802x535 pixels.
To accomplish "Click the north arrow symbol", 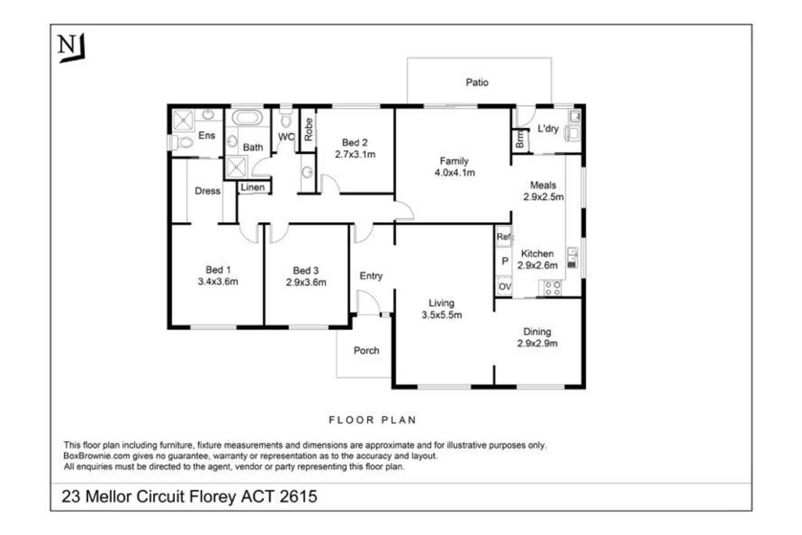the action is click(71, 48).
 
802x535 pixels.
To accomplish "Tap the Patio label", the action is click(477, 82).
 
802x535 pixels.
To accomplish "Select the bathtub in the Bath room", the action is click(247, 117).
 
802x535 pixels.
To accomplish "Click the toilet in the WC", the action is click(286, 119).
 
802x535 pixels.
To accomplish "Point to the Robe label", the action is click(308, 129).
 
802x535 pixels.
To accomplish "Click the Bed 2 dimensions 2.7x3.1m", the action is click(355, 154).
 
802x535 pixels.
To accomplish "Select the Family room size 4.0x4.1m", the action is click(455, 172).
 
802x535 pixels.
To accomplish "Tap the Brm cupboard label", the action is click(520, 139).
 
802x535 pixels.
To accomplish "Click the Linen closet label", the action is click(253, 188).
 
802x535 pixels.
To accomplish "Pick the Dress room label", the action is click(207, 191).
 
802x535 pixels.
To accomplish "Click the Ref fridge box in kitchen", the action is click(504, 236).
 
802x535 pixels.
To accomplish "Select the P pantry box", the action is click(504, 262).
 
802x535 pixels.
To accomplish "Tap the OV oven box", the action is click(504, 286).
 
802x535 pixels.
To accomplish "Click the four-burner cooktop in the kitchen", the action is click(553, 289).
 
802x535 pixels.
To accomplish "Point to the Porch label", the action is click(367, 351).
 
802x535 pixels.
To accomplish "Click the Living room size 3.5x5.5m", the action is click(442, 315).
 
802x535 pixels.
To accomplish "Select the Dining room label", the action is click(537, 332).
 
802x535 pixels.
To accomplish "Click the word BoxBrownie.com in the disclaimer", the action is click(96, 456).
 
